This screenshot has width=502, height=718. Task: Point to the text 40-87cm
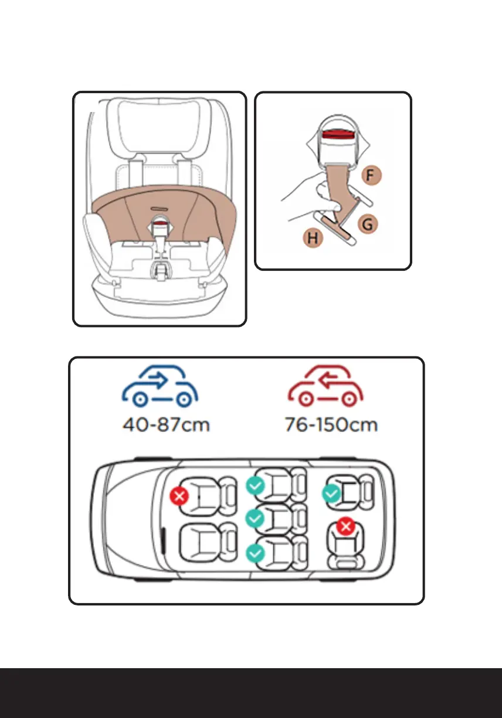(166, 424)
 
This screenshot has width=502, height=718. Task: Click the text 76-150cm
(332, 424)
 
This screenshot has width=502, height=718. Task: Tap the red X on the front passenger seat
(179, 496)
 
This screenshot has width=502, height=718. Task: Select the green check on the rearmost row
(331, 494)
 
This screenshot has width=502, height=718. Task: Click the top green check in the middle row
(254, 485)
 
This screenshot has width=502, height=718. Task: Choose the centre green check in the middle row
(254, 518)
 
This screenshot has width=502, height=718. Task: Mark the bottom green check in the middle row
(254, 553)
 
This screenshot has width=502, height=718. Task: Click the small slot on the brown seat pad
(160, 207)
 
